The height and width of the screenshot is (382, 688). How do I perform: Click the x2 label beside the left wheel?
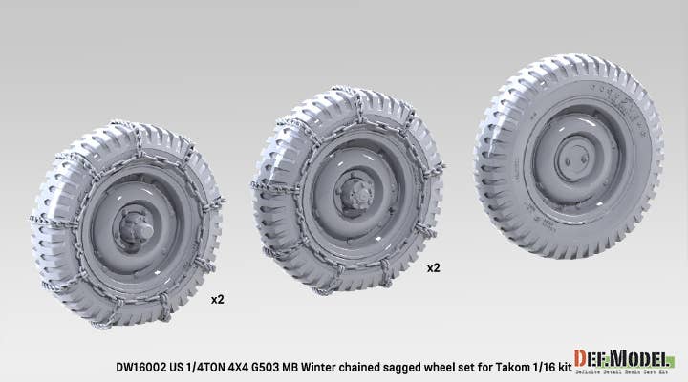tap(217, 299)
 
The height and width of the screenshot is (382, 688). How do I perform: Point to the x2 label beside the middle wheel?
tap(433, 268)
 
